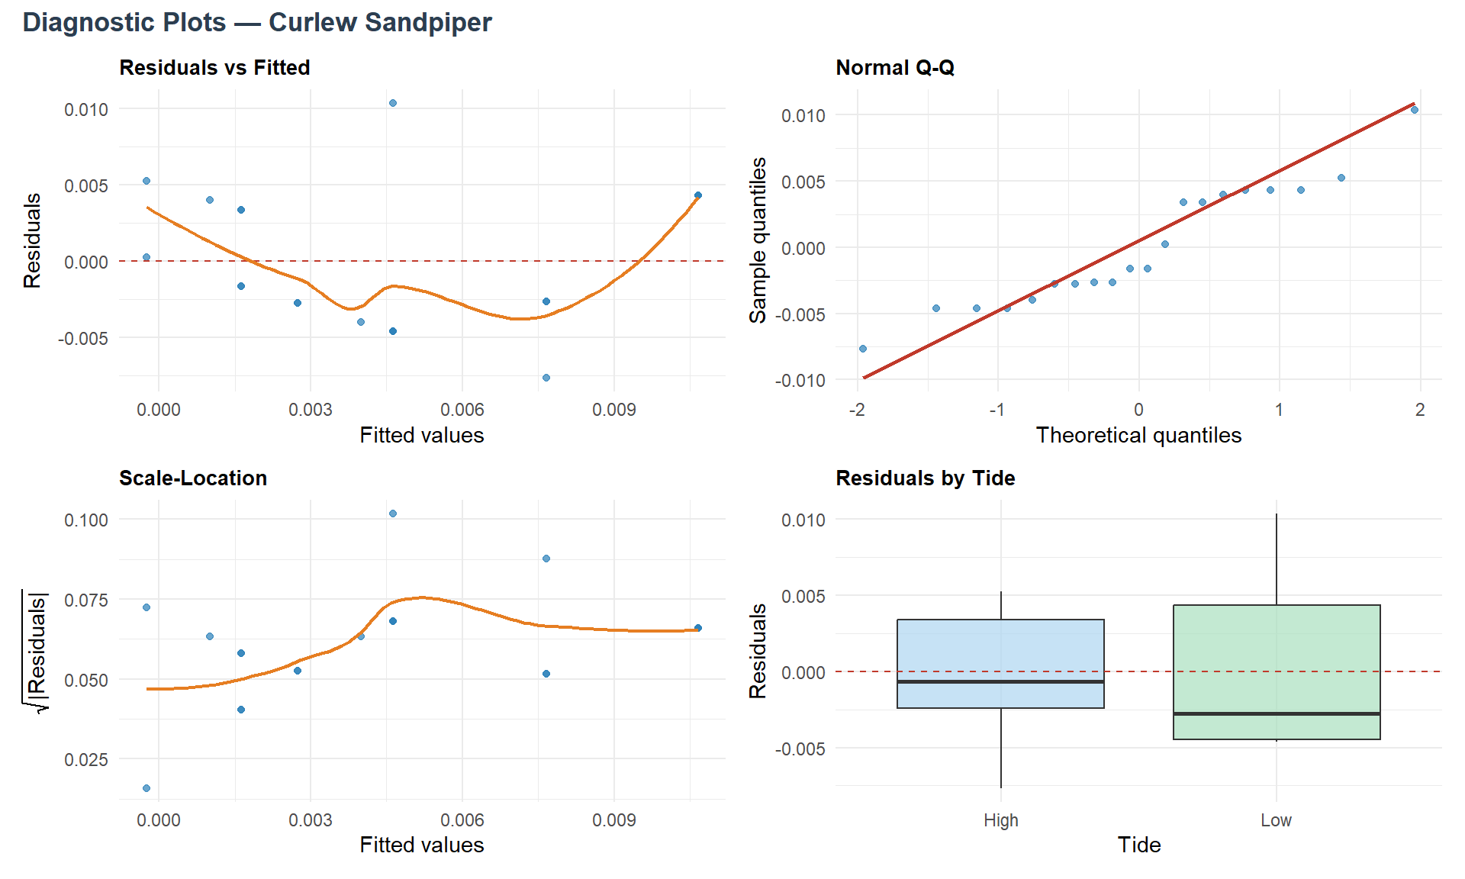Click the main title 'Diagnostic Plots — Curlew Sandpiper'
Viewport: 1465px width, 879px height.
click(257, 23)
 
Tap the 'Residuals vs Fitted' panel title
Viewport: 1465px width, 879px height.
click(214, 68)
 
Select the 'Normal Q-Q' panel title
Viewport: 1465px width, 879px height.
click(895, 68)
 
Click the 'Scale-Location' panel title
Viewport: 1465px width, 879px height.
click(193, 478)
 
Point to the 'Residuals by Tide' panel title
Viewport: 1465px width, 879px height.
click(925, 478)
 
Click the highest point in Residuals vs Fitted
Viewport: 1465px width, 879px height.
click(393, 103)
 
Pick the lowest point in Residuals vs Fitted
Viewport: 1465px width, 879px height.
click(546, 378)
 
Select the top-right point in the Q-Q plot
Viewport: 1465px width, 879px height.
click(1415, 110)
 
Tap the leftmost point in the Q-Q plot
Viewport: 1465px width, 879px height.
click(863, 349)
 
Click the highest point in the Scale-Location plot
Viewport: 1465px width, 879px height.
click(393, 514)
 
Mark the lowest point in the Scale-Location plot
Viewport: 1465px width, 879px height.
click(146, 788)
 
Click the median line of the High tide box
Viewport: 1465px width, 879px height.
click(1000, 681)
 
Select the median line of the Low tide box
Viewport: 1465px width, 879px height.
click(1277, 714)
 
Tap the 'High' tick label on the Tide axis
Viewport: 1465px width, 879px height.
click(1000, 820)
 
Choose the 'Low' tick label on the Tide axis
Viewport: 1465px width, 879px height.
click(1276, 820)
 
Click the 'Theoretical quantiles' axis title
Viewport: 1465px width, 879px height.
click(1138, 435)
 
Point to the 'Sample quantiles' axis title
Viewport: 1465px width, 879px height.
click(758, 240)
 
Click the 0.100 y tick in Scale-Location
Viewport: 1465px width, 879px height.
click(86, 520)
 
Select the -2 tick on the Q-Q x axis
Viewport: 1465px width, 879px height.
click(857, 410)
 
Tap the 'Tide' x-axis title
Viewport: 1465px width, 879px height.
click(1138, 845)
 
